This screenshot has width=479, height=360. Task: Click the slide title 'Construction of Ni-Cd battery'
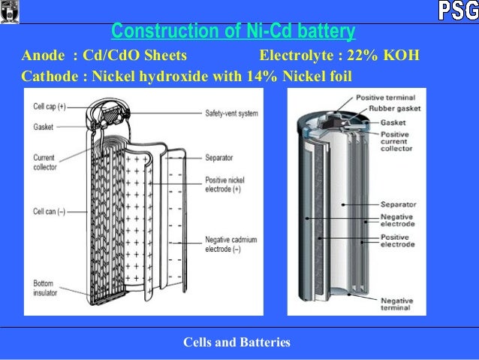coord(233,32)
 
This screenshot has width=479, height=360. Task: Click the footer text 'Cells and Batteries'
coord(236,343)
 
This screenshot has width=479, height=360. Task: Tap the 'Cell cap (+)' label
coord(50,107)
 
